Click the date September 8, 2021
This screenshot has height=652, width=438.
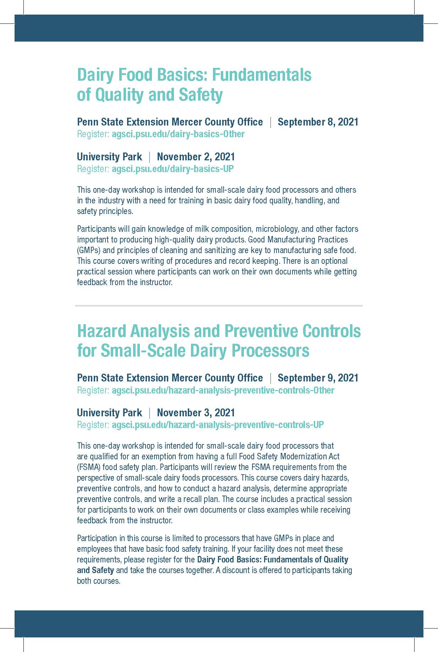point(318,122)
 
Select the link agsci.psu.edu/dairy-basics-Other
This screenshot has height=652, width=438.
point(178,134)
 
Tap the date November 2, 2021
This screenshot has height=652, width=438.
point(196,157)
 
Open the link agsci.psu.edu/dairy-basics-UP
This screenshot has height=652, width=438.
point(173,169)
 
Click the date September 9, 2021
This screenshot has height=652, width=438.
point(318,378)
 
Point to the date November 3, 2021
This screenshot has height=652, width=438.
point(196,413)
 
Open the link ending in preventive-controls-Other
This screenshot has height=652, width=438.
point(223,390)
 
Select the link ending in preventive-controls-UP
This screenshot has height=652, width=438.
point(218,425)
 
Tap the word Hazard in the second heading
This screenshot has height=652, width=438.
point(102,331)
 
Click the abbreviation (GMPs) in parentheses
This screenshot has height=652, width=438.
point(89,250)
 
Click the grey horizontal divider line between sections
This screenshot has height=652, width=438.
point(219,305)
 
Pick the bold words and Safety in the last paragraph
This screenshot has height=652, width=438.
point(95,570)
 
